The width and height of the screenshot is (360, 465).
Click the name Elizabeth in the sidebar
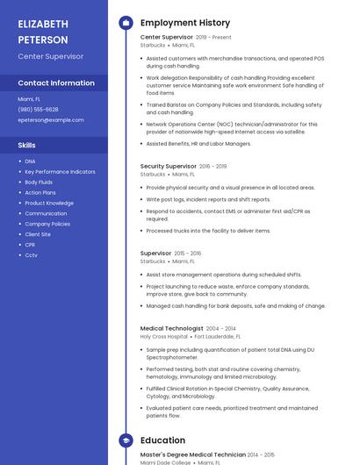click(x=43, y=24)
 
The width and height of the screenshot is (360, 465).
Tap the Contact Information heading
click(x=56, y=83)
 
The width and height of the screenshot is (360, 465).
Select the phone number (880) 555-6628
click(x=39, y=110)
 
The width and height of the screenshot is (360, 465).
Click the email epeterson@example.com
click(x=51, y=120)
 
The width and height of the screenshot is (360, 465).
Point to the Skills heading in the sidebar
click(x=27, y=145)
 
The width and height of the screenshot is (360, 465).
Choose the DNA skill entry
click(x=31, y=161)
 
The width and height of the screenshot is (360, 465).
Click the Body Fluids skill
click(x=39, y=182)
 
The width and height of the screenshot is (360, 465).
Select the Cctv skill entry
click(x=32, y=255)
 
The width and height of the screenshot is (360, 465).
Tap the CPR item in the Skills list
click(x=31, y=245)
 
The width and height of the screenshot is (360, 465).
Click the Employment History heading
click(x=185, y=23)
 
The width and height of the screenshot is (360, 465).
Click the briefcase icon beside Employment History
click(x=125, y=23)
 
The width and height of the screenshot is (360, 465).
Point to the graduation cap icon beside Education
click(x=125, y=440)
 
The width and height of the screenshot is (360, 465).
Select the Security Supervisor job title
click(x=169, y=166)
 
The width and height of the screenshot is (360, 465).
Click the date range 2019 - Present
click(x=213, y=38)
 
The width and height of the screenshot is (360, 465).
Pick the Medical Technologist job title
click(x=172, y=328)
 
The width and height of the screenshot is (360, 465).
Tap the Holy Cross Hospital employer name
click(x=164, y=337)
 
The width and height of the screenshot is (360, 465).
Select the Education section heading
click(x=162, y=440)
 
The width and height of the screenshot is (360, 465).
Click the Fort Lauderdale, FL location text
click(x=218, y=337)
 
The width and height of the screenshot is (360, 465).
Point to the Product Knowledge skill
click(x=49, y=204)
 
